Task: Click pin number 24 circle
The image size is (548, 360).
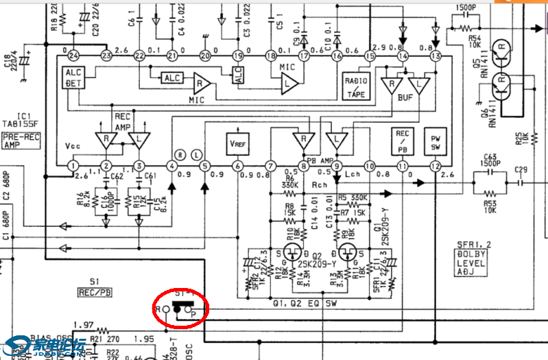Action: click(73, 56)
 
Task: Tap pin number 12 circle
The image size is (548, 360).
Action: click(436, 167)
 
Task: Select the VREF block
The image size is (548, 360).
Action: click(237, 143)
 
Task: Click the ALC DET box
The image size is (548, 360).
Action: click(73, 79)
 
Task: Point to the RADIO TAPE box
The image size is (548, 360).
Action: click(355, 88)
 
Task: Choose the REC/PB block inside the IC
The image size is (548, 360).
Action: click(403, 141)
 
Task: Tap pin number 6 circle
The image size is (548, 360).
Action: click(237, 167)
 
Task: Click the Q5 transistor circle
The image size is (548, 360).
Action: click(504, 50)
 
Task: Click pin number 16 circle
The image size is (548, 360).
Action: click(337, 56)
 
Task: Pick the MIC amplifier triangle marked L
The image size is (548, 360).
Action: click(289, 84)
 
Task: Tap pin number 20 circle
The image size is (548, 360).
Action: click(205, 56)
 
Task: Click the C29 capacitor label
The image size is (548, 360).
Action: click(521, 169)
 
